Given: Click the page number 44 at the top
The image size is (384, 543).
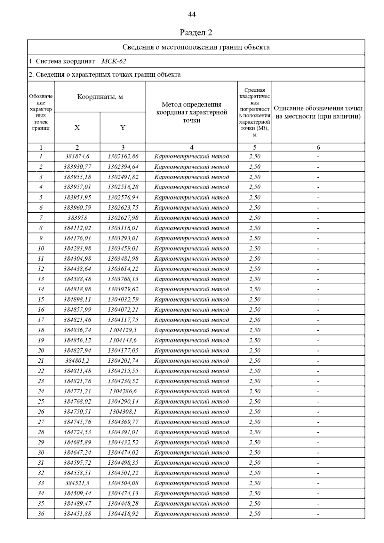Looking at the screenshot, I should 192,14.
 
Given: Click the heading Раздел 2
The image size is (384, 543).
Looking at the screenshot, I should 196,33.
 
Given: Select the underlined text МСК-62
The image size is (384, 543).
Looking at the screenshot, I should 114,61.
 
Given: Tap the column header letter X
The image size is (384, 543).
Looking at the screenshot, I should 77,128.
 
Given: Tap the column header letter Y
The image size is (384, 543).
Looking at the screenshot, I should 123,128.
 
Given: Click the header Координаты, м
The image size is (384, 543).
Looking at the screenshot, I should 100,97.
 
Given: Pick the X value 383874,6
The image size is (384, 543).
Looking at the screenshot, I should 77,156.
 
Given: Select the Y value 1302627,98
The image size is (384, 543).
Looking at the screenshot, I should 123,218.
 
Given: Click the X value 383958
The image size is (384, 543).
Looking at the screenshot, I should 77,218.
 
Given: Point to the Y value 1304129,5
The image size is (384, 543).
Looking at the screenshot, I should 123,330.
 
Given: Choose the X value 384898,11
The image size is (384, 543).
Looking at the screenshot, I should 77,299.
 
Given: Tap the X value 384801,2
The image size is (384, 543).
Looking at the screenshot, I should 77,361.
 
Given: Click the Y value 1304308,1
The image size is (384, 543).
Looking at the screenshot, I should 123,412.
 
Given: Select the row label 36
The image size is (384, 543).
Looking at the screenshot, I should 41,514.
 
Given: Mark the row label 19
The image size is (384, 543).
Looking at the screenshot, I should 41,340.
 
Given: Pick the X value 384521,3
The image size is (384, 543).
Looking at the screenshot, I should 77,483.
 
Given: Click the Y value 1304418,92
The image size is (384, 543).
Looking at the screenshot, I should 123,514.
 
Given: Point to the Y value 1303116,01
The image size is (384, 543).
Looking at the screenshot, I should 123,228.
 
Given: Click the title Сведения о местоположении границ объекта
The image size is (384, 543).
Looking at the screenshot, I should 196,47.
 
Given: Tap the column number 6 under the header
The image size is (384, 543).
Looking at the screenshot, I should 318,147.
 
